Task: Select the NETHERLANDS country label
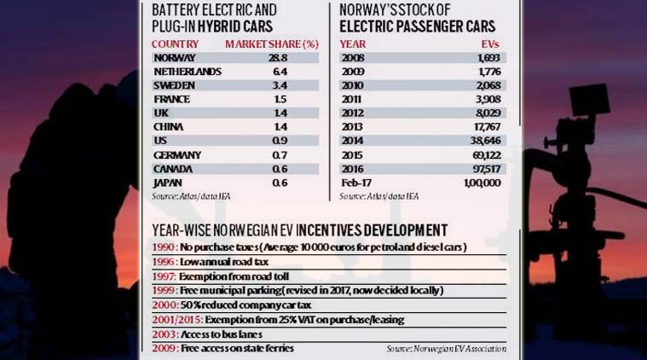coord(188,72)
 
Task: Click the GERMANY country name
coord(177,154)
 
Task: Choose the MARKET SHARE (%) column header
coord(270,43)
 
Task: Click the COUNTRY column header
coord(175,43)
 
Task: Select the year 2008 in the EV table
coord(353,58)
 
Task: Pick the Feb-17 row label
coord(356,183)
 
